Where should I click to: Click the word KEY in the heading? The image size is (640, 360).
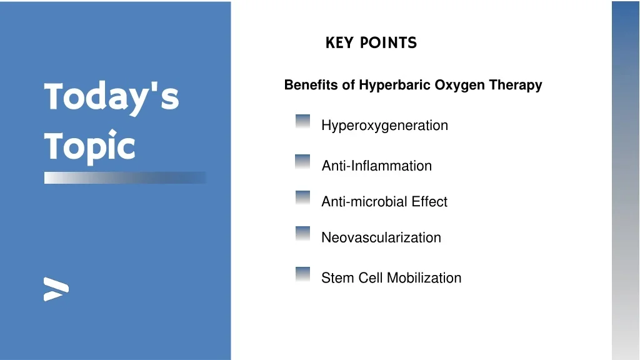[339, 43]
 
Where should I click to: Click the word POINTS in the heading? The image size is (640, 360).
[388, 43]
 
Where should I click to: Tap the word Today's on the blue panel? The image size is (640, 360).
[111, 97]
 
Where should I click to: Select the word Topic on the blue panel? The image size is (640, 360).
[89, 146]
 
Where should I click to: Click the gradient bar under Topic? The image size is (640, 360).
[125, 177]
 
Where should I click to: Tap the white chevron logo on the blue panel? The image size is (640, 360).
[56, 289]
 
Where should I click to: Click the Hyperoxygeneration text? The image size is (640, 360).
[384, 126]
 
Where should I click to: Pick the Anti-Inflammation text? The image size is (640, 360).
[376, 166]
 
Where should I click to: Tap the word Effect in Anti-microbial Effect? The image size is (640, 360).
[429, 202]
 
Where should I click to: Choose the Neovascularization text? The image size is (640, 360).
[381, 237]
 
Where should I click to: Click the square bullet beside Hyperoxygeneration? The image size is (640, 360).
[303, 121]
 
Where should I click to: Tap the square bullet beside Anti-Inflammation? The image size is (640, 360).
[302, 162]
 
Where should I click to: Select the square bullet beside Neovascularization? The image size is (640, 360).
[303, 233]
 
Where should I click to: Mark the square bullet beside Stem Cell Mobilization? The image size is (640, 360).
[303, 274]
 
